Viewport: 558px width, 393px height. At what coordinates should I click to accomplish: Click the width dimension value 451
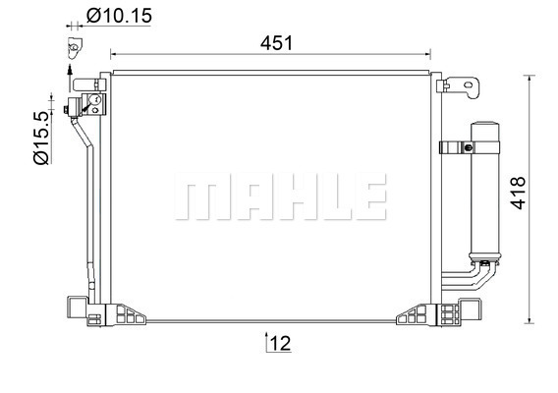click(276, 43)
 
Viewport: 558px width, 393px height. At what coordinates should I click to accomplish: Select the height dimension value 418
click(518, 193)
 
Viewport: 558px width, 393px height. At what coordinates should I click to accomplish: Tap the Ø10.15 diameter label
click(119, 16)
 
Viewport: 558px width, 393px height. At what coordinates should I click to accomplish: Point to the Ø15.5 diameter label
click(41, 138)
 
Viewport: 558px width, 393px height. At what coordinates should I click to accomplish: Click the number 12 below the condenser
click(280, 344)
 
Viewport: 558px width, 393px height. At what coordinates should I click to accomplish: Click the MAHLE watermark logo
click(281, 196)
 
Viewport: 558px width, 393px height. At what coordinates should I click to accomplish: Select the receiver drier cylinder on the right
click(484, 193)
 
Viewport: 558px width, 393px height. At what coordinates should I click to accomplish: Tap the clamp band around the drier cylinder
click(470, 147)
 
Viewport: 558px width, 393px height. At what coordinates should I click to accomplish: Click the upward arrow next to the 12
click(266, 342)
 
